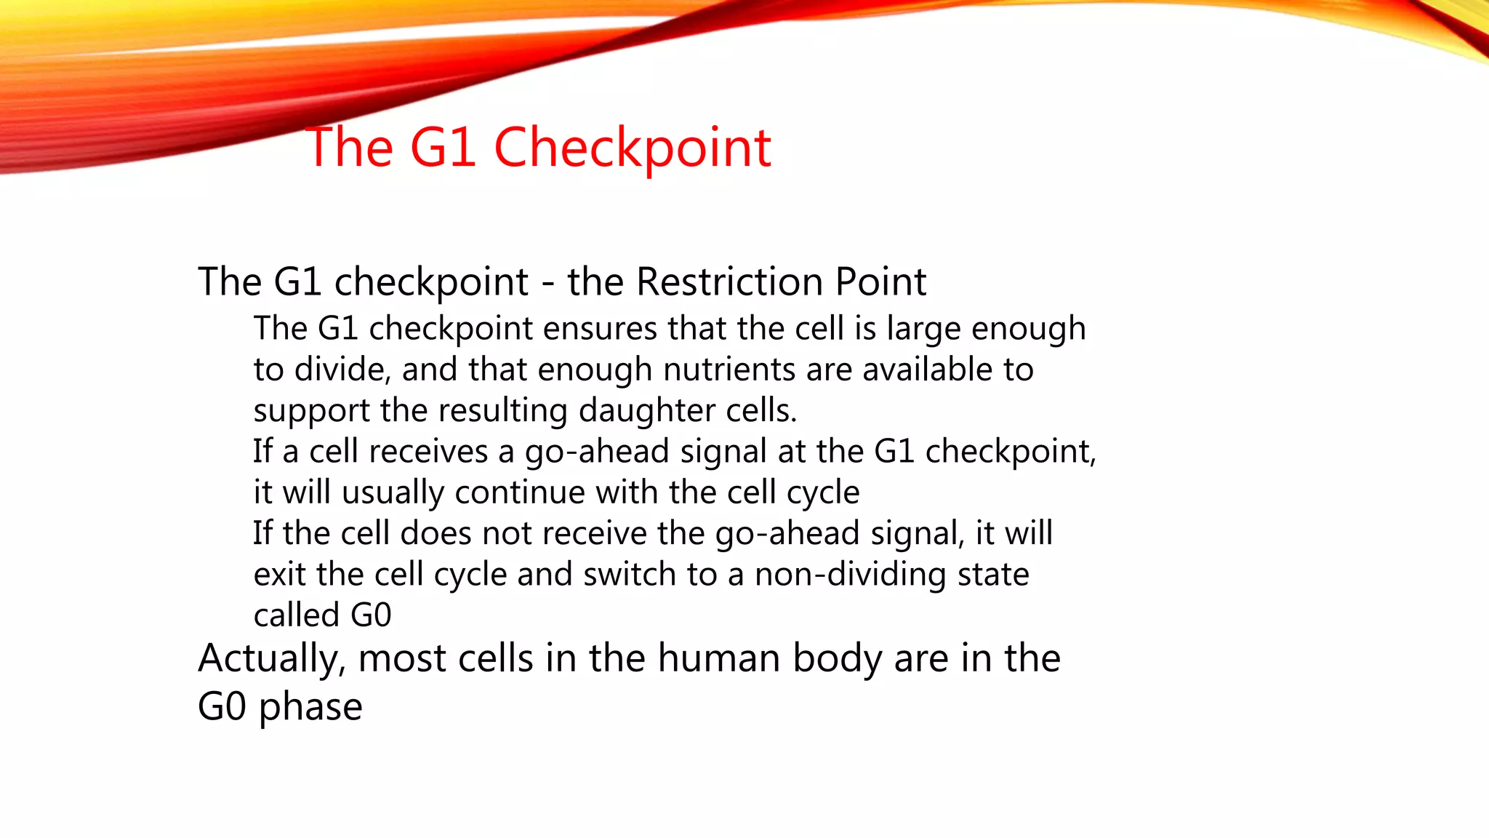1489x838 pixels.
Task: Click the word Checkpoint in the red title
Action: (632, 148)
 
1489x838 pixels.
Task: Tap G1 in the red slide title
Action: (442, 148)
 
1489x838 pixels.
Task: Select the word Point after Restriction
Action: (880, 282)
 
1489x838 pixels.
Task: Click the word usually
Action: (393, 493)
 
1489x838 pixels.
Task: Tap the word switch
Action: (630, 575)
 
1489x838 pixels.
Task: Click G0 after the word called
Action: (371, 615)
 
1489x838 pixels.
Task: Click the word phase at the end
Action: (310, 708)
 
